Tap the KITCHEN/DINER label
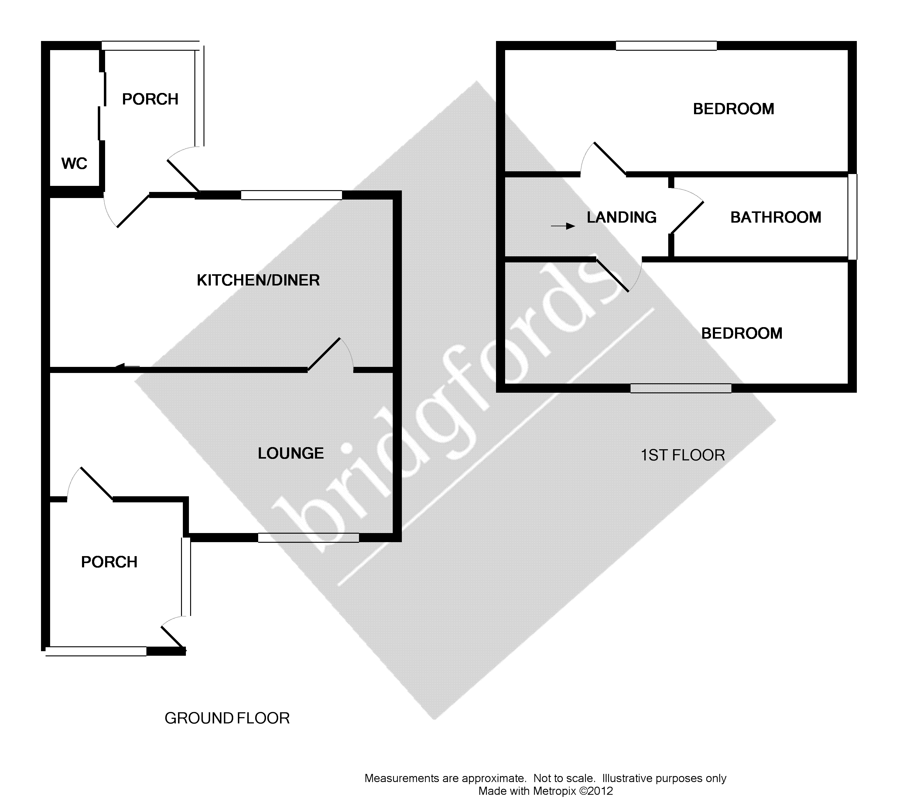(258, 280)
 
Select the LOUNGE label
(291, 453)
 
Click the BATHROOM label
(775, 217)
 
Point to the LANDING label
(621, 217)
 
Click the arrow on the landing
(563, 226)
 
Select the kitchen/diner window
(292, 195)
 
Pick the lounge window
(309, 538)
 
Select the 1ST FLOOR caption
(682, 455)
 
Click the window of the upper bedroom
(666, 46)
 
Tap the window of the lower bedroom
(681, 388)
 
